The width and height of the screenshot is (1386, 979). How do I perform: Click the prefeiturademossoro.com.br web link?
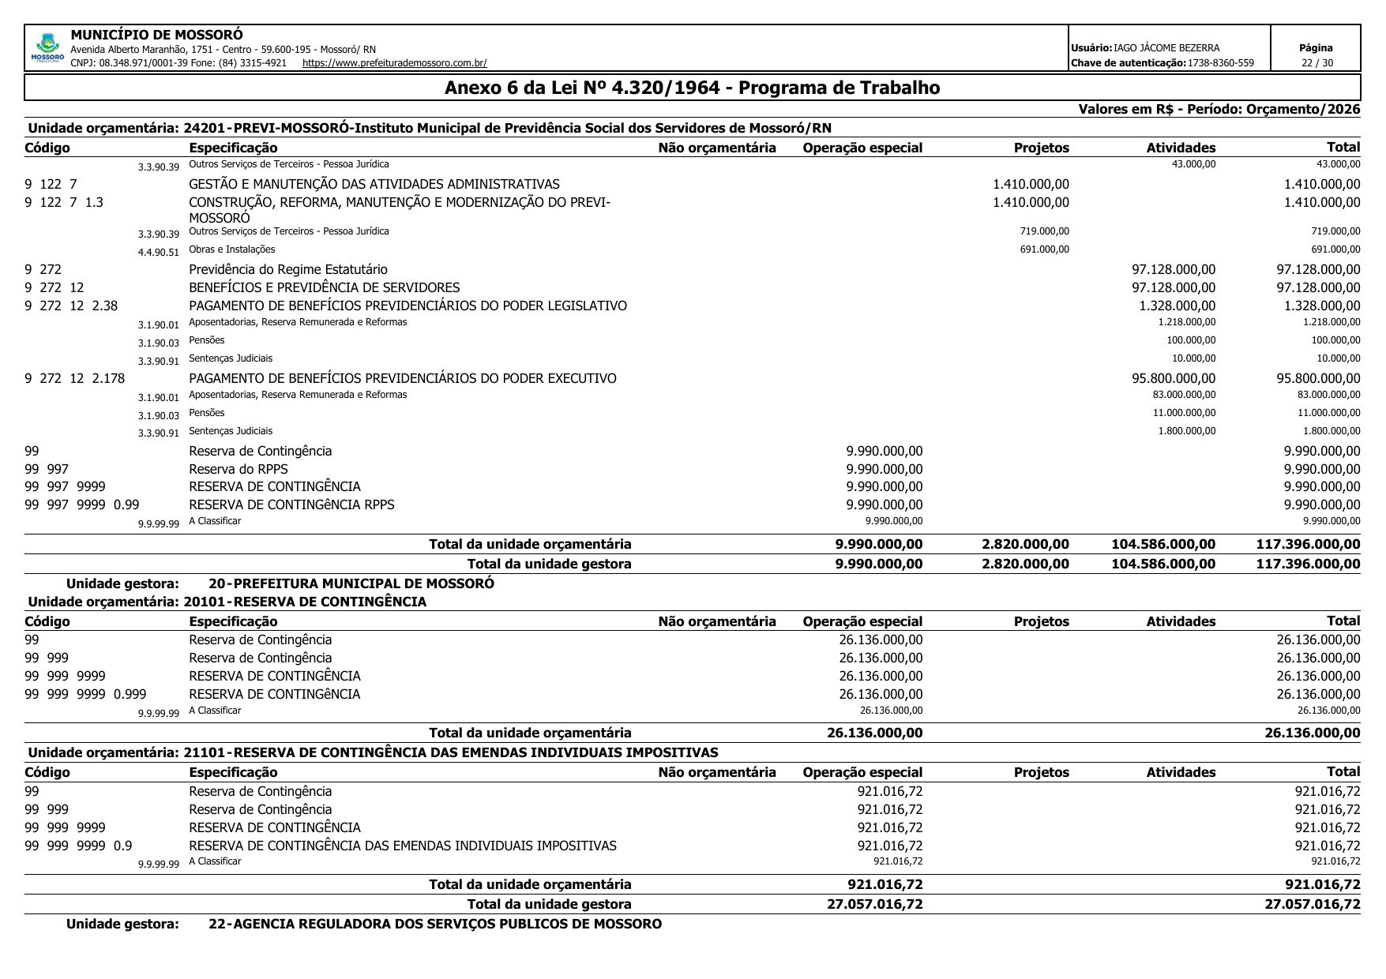394,63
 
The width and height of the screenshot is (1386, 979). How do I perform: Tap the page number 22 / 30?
1317,63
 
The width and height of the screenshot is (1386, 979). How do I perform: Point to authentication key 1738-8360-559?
1220,63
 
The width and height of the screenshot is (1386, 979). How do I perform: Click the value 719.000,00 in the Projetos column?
1044,231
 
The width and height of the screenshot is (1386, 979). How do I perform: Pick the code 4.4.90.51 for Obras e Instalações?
159,253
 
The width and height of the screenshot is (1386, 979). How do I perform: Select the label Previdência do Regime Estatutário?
288,270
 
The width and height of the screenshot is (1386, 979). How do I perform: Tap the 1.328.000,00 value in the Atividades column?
1177,306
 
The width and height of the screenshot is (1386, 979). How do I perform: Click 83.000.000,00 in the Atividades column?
1184,395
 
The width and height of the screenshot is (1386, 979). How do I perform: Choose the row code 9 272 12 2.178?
75,378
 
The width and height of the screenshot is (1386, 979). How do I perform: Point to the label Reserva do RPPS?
239,469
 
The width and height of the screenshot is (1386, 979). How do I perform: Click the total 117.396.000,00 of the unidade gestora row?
1308,564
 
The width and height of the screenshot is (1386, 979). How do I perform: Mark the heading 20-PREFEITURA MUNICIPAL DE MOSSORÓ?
351,583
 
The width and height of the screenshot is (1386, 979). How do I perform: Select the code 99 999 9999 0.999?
85,694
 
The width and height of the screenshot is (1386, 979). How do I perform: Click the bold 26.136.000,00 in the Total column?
1312,733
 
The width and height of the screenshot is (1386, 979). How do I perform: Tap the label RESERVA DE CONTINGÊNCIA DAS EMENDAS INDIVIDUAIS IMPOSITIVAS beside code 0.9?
403,846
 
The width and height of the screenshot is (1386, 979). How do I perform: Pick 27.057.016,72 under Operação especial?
874,904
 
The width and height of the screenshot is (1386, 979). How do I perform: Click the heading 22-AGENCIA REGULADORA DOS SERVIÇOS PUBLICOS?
434,924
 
